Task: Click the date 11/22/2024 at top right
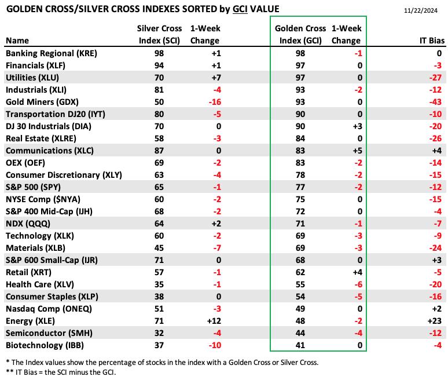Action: click(421, 10)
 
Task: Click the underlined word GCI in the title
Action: click(240, 9)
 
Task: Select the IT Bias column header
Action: click(432, 41)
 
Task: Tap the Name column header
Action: click(17, 41)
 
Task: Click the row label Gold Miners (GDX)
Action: click(42, 102)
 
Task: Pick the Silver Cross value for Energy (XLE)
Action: click(159, 321)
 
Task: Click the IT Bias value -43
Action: click(435, 102)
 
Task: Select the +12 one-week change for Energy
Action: click(214, 321)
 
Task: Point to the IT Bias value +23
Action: click(435, 321)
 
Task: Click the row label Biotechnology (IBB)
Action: click(45, 345)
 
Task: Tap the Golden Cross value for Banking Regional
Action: click(300, 53)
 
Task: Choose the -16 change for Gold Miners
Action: click(215, 102)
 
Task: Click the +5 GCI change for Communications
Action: click(357, 151)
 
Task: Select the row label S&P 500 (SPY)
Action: click(33, 187)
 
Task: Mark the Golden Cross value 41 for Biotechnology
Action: click(300, 345)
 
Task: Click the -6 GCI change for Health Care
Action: click(358, 284)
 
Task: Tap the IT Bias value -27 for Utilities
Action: click(435, 78)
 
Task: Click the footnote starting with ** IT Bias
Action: click(61, 372)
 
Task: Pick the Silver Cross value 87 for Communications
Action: click(159, 151)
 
